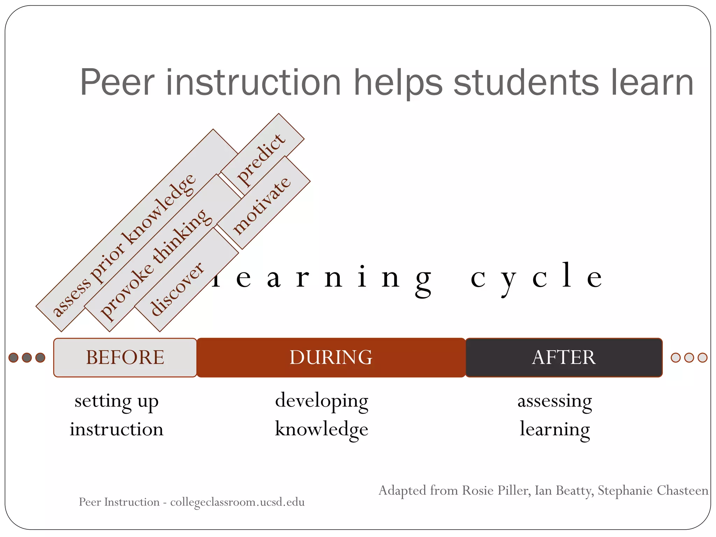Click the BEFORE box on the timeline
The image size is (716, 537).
(125, 357)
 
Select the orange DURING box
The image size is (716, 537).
(331, 357)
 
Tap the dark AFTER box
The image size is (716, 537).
(564, 357)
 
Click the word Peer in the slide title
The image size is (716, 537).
(117, 83)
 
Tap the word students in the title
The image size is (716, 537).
(527, 83)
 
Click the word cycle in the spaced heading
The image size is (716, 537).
(536, 278)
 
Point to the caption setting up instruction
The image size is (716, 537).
(116, 415)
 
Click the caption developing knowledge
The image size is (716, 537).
(322, 415)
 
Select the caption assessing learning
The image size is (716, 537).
(555, 415)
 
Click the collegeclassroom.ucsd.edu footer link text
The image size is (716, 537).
(237, 502)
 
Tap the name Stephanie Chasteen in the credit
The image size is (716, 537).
(653, 491)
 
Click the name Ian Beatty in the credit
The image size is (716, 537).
(564, 491)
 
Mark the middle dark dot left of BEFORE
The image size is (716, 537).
(27, 358)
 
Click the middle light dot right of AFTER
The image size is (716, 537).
(689, 358)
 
